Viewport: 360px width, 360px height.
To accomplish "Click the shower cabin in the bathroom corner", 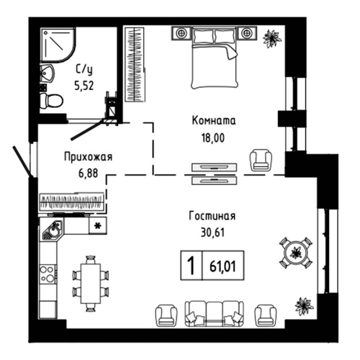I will pyautogui.click(x=55, y=44).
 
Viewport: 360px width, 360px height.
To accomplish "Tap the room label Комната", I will pyautogui.click(x=214, y=120).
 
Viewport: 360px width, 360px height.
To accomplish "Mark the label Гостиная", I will pyautogui.click(x=212, y=216).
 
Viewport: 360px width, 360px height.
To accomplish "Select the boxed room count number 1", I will pyautogui.click(x=192, y=264).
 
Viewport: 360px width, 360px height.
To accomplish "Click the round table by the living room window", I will pyautogui.click(x=295, y=252).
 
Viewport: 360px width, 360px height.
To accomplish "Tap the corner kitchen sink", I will pyautogui.click(x=53, y=230).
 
